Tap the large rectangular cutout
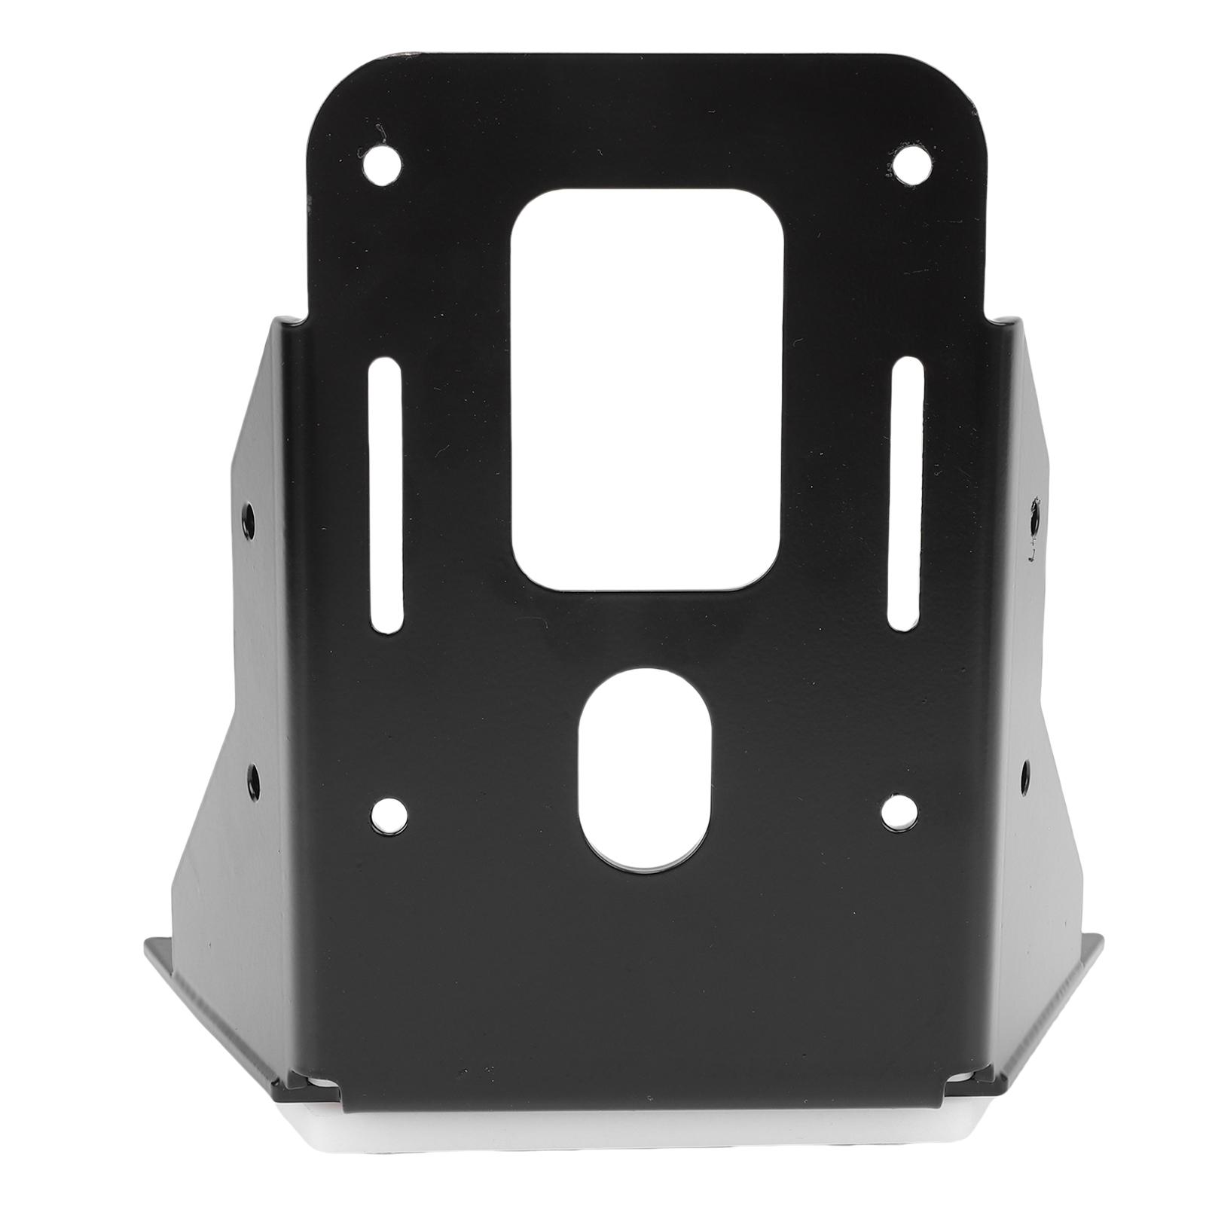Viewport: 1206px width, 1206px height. (646, 389)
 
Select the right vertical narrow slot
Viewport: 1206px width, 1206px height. (906, 498)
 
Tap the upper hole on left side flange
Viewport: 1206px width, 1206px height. (249, 517)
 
